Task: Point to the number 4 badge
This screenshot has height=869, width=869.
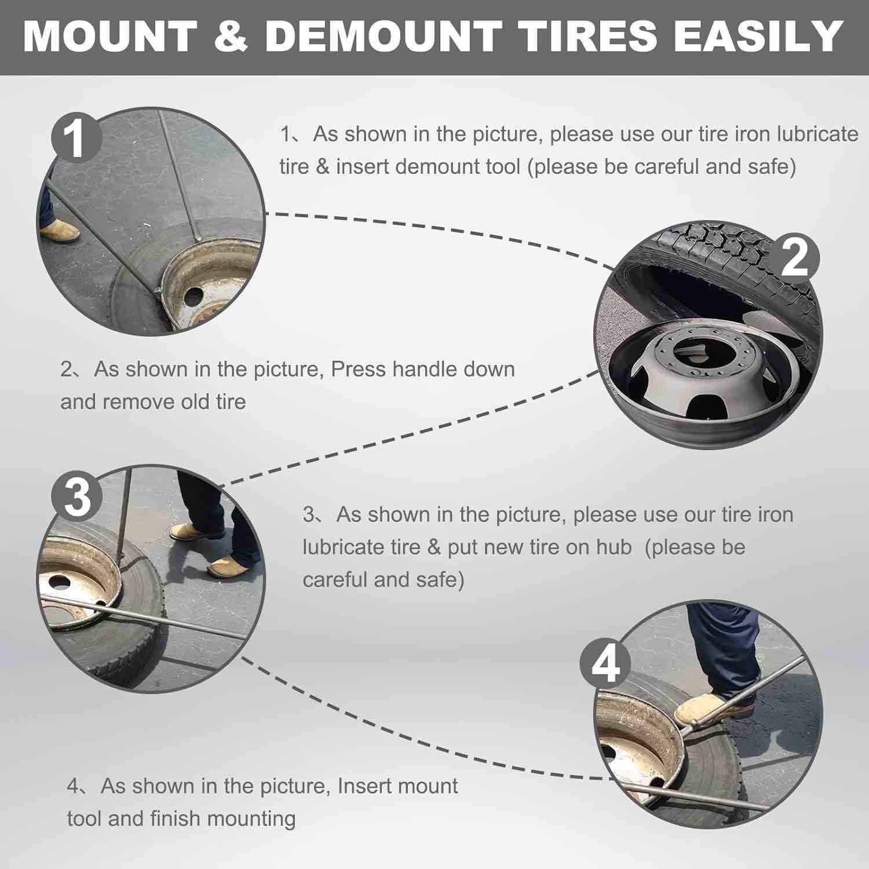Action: click(x=606, y=666)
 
